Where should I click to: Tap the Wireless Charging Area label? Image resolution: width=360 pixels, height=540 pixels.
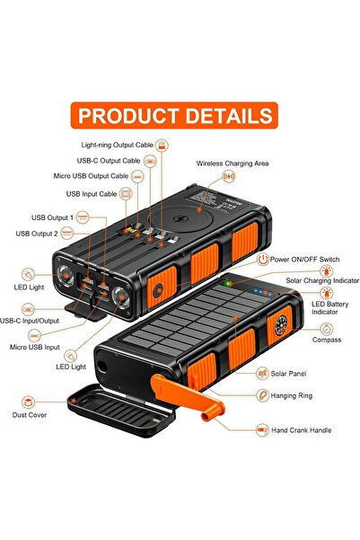pos(233,164)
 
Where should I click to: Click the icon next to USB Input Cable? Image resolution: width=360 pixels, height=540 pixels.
pos(127,192)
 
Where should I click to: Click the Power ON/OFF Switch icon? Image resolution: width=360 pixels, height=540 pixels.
pos(263,259)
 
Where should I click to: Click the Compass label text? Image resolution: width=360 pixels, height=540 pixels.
pos(326,340)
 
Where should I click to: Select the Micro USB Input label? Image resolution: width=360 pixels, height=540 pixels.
pos(35,346)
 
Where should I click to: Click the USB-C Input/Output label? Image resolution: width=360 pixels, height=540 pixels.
pos(30,320)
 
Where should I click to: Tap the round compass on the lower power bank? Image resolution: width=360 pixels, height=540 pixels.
pos(279,327)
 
